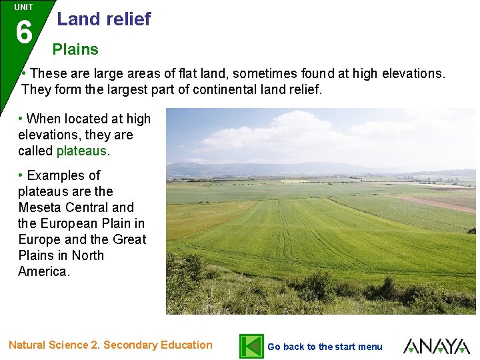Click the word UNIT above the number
[x=23, y=7]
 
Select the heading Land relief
[x=104, y=19]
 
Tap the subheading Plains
[x=75, y=49]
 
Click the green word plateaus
[x=81, y=151]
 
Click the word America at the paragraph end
[x=43, y=271]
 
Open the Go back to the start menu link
[x=325, y=347]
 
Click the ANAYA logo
[x=437, y=346]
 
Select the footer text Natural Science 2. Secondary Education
[x=111, y=345]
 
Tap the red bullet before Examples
[x=21, y=175]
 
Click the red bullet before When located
[x=21, y=119]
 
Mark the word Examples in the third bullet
[x=63, y=175]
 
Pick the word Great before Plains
[x=129, y=239]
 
